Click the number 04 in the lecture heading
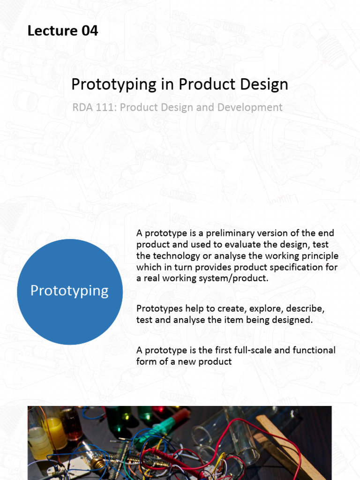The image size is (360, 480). click(90, 31)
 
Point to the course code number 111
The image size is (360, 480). click(106, 107)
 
